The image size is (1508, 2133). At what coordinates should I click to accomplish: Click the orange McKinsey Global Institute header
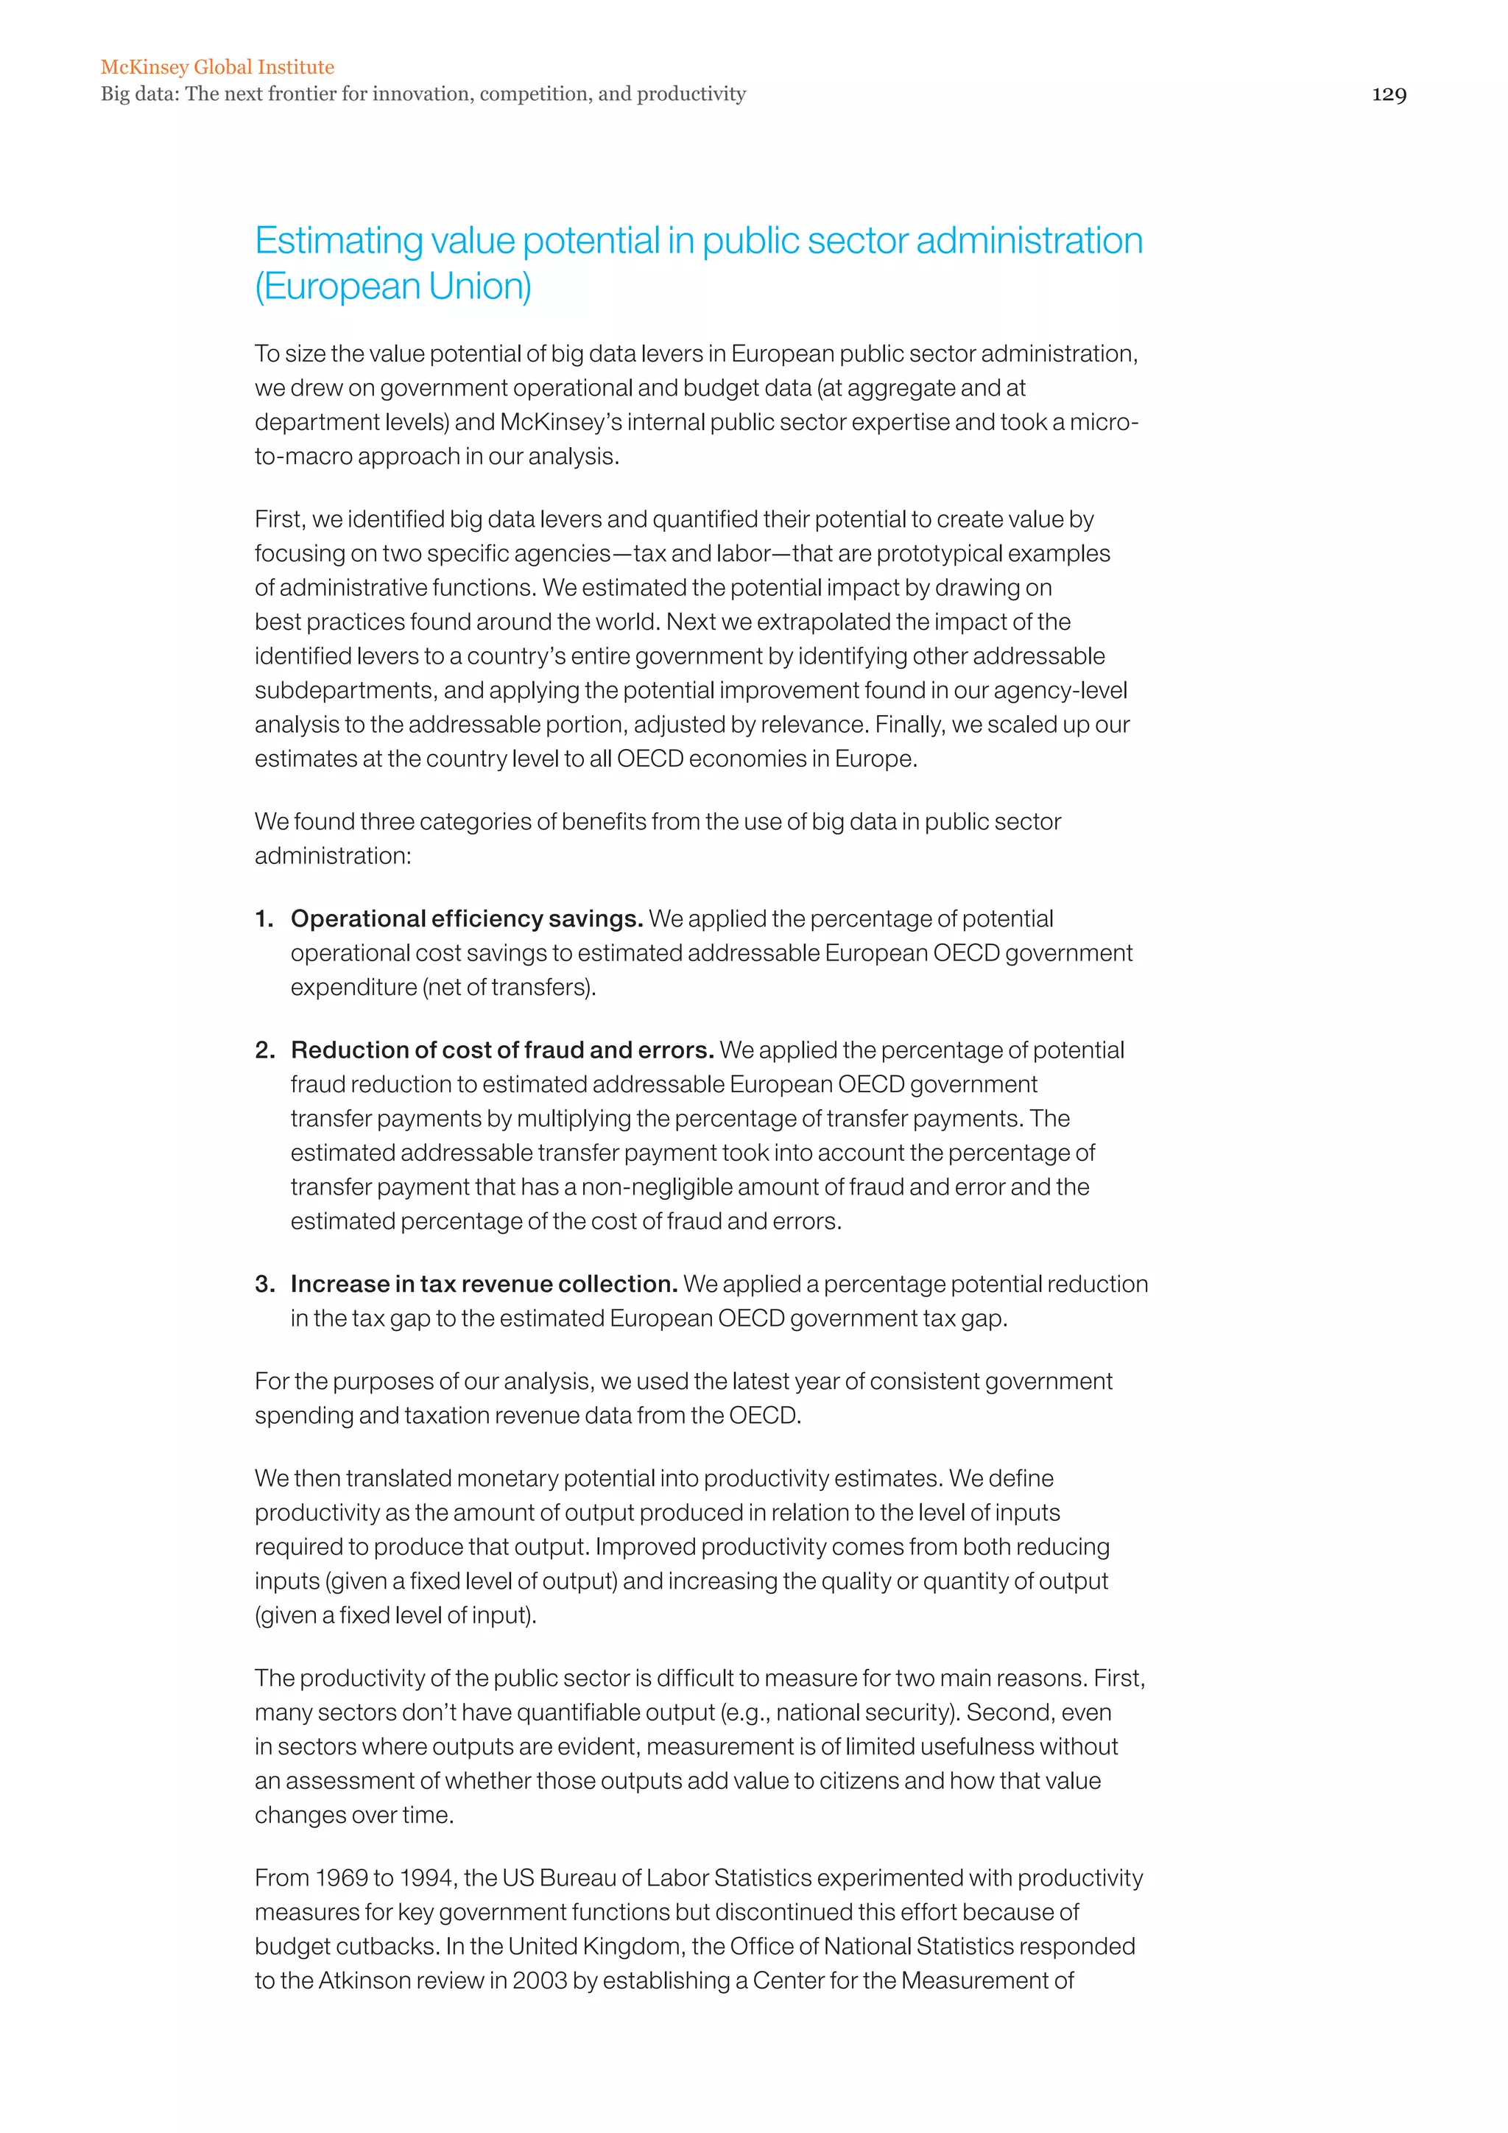point(217,67)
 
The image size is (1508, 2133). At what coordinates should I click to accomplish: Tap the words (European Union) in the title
point(392,287)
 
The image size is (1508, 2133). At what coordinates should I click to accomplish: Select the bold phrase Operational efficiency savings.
point(466,918)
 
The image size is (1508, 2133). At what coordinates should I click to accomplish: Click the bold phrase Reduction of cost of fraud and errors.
point(501,1050)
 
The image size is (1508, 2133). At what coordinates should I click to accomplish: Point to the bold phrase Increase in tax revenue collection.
point(483,1284)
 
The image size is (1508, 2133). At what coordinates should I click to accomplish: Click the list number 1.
point(264,918)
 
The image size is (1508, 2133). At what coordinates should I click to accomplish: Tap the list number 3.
point(264,1284)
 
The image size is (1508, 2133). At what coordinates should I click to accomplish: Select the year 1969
point(341,1877)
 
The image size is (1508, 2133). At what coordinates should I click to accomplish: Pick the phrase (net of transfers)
point(509,988)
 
